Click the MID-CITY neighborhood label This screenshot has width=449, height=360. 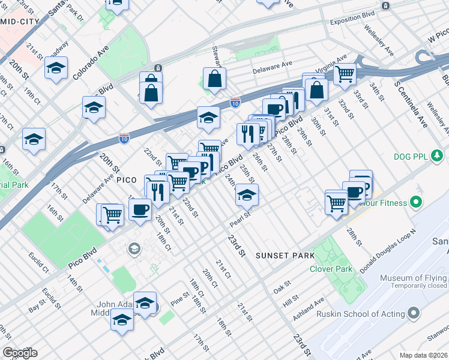pyautogui.click(x=19, y=22)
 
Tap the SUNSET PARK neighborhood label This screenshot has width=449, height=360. pyautogui.click(x=285, y=256)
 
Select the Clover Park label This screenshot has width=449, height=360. pyautogui.click(x=331, y=269)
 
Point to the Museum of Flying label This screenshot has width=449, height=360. pyautogui.click(x=413, y=278)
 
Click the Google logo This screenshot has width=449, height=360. pyautogui.click(x=20, y=353)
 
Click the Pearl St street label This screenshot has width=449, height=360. pyautogui.click(x=240, y=218)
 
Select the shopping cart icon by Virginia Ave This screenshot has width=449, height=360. pyautogui.click(x=345, y=74)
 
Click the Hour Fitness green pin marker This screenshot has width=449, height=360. pyautogui.click(x=415, y=203)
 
